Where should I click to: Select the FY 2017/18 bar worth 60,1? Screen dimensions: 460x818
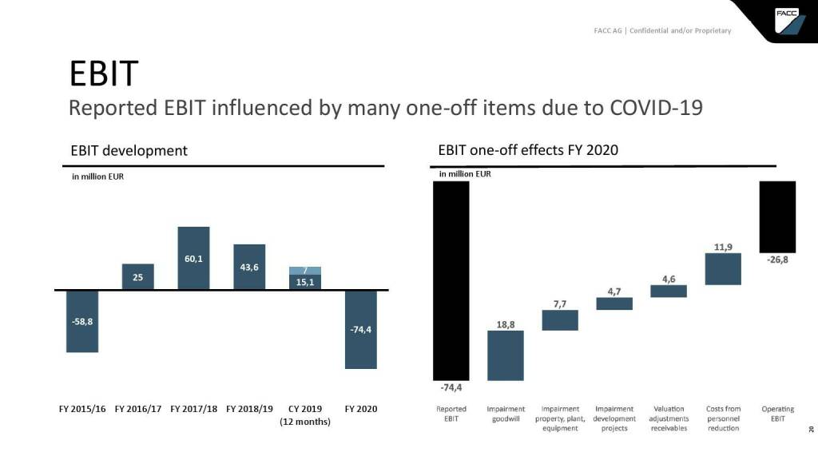coord(193,258)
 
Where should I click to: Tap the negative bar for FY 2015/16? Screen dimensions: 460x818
coord(82,321)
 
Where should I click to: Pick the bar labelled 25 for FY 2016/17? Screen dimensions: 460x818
coord(137,276)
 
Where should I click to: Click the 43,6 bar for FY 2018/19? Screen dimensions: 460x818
coord(249,267)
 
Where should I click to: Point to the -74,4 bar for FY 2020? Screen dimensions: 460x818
coord(360,329)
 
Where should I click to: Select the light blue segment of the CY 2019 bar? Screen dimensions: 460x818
coord(305,270)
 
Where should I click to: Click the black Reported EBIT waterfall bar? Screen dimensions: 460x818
coord(451,280)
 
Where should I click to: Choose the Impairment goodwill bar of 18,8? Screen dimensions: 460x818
coord(506,355)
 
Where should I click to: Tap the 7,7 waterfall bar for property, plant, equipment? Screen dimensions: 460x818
coord(560,319)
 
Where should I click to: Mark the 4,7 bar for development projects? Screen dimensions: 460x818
coord(614,303)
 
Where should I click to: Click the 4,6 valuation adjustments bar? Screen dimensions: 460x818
coord(669,291)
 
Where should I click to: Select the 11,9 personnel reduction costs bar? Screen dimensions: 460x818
coord(723,269)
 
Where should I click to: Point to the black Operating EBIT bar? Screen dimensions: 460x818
coord(777,216)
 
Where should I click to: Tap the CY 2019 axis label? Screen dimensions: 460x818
coord(304,409)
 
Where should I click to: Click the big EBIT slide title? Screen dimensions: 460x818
coord(104,73)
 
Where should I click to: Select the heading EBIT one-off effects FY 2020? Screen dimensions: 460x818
coord(528,149)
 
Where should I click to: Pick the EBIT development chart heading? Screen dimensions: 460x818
coord(129,149)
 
